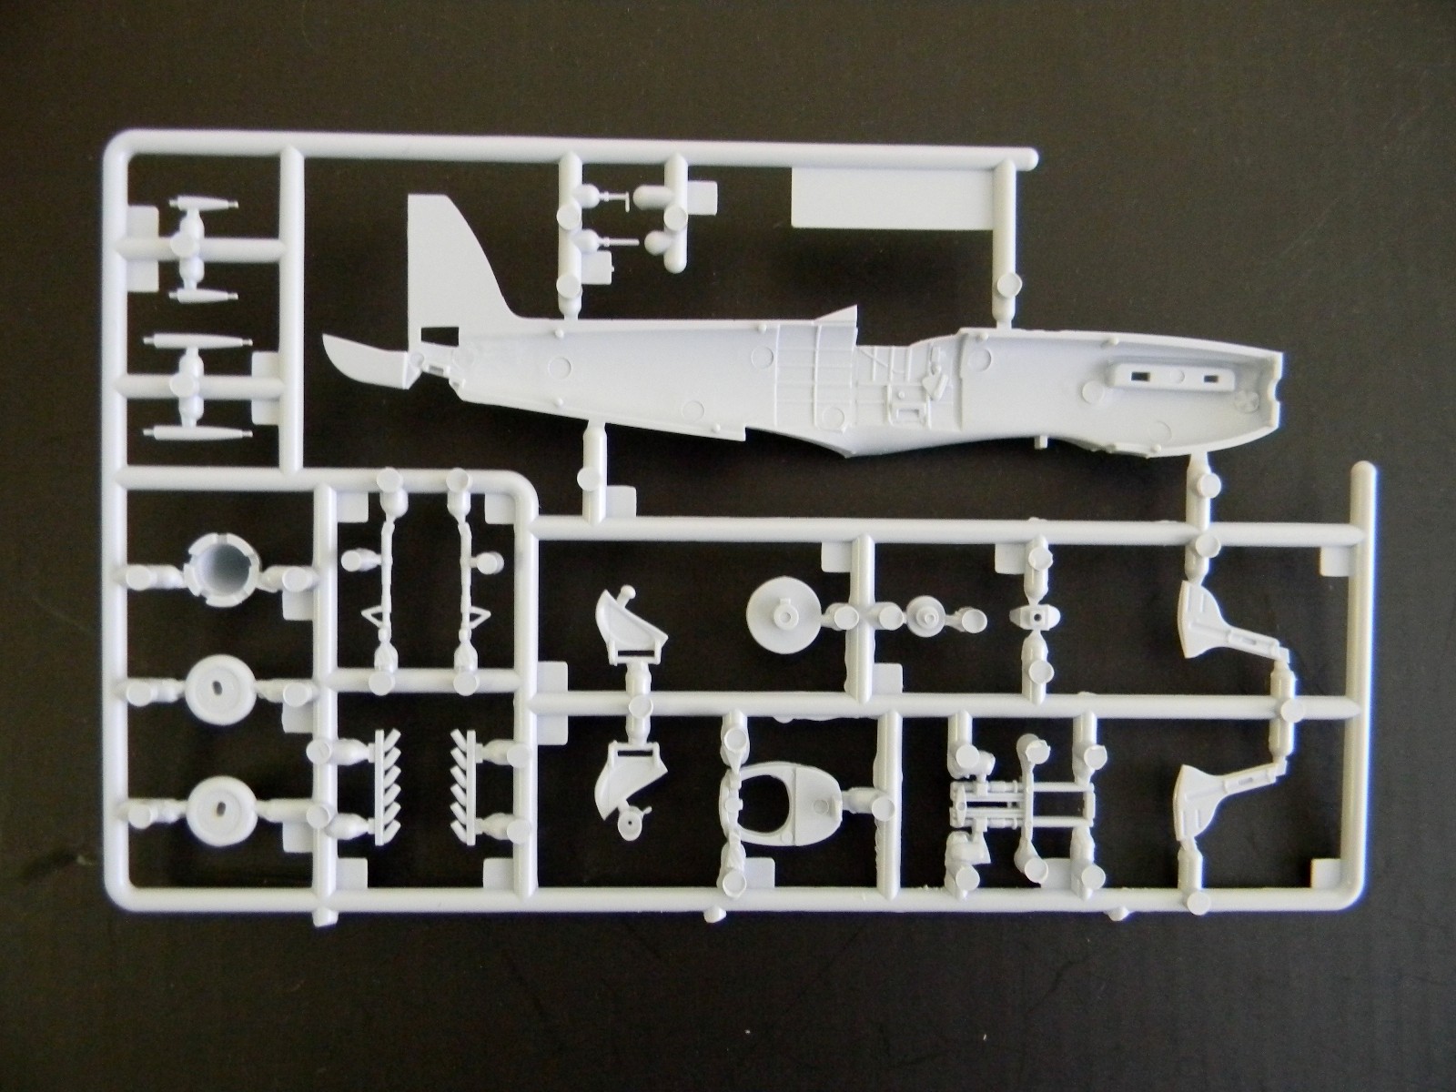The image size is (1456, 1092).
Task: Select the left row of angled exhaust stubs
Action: click(x=371, y=764)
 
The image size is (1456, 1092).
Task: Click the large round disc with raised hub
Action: click(x=783, y=615)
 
